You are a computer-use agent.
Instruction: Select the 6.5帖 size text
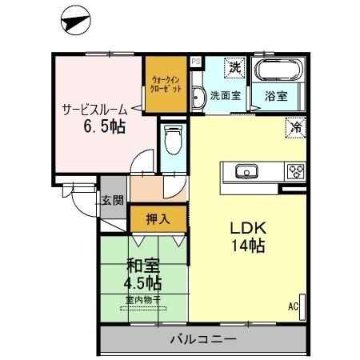[99, 128]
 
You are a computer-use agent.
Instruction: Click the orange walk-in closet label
[166, 84]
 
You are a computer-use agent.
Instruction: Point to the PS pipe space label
[195, 61]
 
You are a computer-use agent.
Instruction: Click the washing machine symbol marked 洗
[235, 69]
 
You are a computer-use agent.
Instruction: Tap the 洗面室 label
[226, 97]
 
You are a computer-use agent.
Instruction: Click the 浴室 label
[276, 97]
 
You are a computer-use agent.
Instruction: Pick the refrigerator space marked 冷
[296, 126]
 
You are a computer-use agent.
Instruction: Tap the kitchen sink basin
[245, 170]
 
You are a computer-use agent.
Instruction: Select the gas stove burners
[295, 170]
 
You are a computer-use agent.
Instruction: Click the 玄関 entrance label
[112, 201]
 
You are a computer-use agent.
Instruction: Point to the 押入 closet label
[157, 218]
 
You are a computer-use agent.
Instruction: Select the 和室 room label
[142, 266]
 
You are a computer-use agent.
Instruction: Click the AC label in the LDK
[293, 305]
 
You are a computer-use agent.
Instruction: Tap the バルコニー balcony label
[202, 341]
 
